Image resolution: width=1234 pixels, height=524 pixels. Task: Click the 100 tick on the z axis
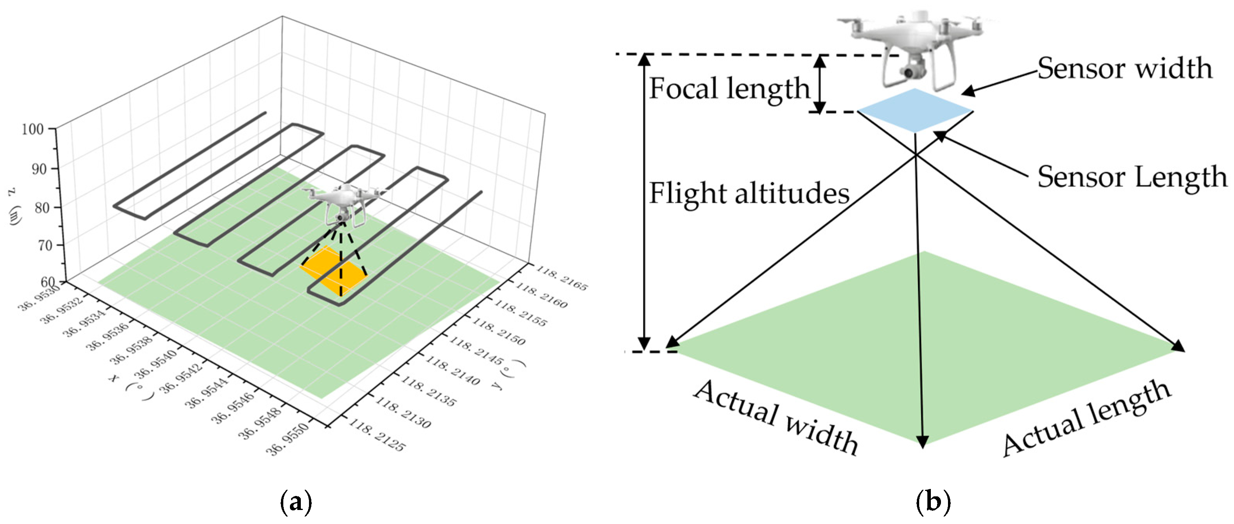33,129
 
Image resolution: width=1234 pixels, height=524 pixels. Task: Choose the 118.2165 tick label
560,278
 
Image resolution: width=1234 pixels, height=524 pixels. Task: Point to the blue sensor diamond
915,111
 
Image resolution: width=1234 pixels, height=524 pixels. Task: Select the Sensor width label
1125,69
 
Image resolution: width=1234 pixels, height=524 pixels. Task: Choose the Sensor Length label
1132,178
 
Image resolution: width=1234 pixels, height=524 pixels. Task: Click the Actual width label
776,417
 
